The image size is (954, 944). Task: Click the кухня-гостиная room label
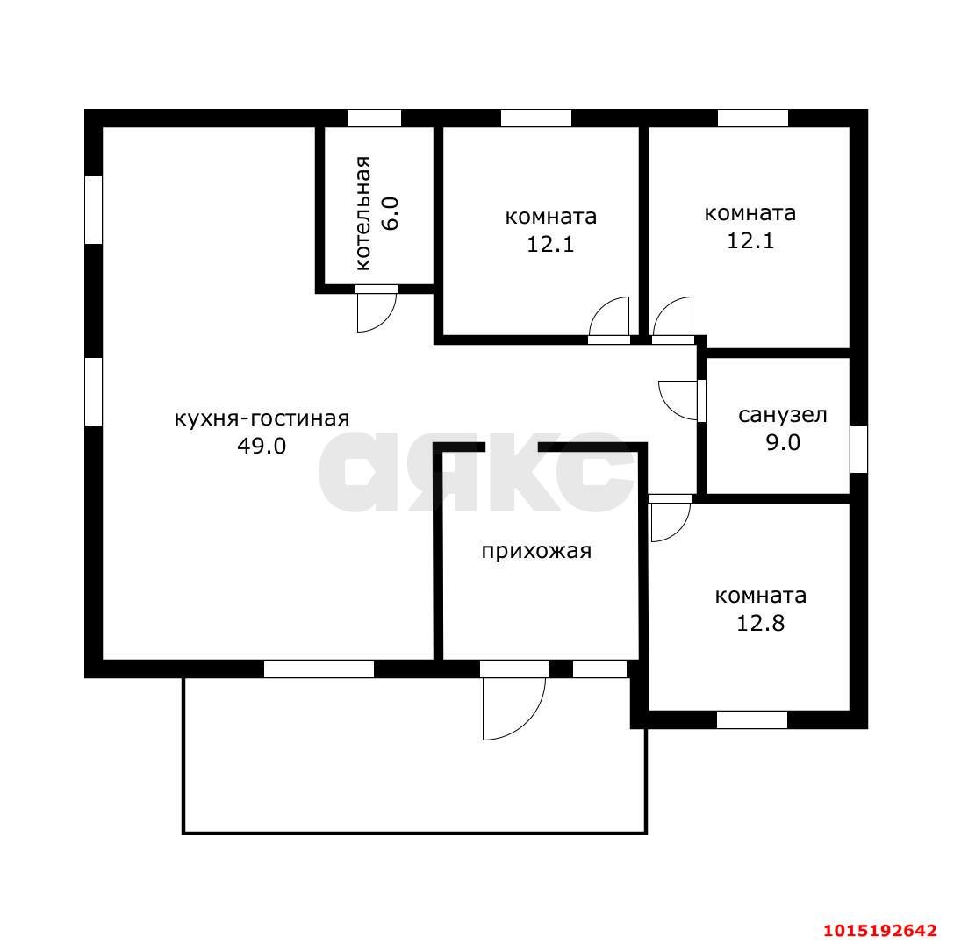(262, 418)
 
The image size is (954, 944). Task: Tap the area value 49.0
(262, 446)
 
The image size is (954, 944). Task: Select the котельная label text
(362, 212)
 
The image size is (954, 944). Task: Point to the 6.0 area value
(391, 213)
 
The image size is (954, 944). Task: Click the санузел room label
(782, 415)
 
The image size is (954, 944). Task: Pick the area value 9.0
(782, 442)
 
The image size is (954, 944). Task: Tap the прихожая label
(535, 551)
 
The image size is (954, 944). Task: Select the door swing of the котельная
(376, 311)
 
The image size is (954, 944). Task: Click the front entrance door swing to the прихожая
(513, 707)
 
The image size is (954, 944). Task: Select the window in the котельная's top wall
(374, 118)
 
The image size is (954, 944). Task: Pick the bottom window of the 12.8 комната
(752, 719)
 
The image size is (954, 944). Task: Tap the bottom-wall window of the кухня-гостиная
(319, 669)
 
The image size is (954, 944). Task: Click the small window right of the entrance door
(599, 669)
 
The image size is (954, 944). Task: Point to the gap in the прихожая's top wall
(511, 447)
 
